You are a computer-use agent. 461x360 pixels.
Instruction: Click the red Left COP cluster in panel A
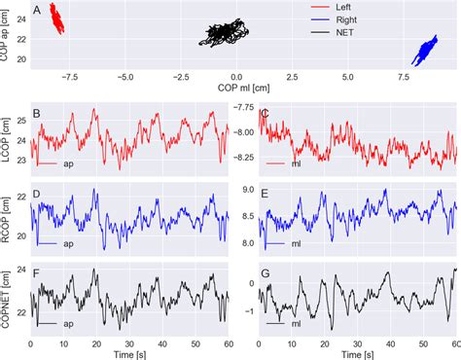[x=57, y=18]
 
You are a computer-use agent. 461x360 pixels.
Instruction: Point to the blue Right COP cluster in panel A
[x=426, y=50]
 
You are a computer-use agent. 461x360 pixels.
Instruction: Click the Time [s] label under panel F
[x=128, y=357]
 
